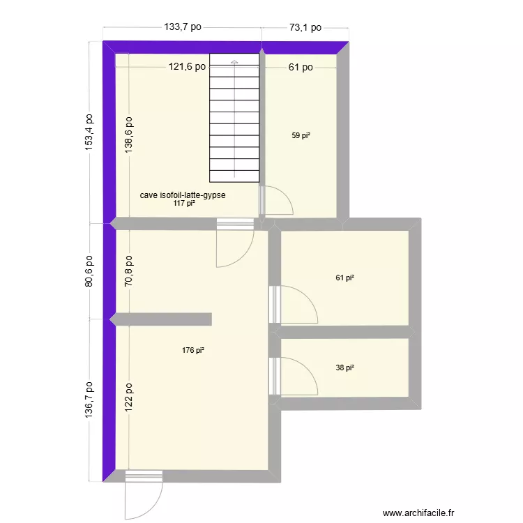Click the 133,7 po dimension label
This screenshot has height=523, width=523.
pos(183,27)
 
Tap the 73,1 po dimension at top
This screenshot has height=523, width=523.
pos(305,27)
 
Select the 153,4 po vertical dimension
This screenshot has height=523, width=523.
pos(89,132)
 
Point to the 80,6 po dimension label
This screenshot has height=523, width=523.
pos(89,273)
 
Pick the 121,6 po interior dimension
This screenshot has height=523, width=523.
pos(188,67)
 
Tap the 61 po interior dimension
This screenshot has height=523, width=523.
pos(301,67)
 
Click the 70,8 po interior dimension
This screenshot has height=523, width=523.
pos(129,273)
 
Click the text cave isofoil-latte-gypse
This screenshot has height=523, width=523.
pos(183,195)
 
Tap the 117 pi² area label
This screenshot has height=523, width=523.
pos(183,204)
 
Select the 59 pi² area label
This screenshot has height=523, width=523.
pos(301,136)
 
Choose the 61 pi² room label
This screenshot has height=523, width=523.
pos(344,278)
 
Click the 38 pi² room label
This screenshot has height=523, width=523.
pos(344,367)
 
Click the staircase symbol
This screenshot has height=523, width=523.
pos(234,119)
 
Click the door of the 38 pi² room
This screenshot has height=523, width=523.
pos(293,377)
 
